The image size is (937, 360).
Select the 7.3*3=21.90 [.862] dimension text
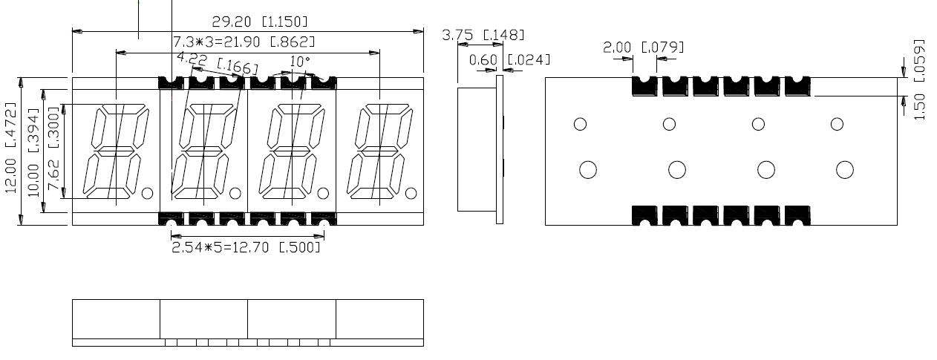[x=244, y=42]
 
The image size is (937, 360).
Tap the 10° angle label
[x=300, y=61]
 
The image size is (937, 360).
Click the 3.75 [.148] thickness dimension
[x=483, y=35]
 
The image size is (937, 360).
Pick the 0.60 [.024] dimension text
[x=509, y=59]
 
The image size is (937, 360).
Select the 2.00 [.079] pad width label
[x=643, y=48]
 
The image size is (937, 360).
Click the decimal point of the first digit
[x=147, y=194]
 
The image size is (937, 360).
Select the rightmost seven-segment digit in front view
[x=380, y=151]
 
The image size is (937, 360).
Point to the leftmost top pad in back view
[x=644, y=85]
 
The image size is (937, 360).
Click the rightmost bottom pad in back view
[x=797, y=215]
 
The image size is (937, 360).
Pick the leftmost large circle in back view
[x=587, y=170]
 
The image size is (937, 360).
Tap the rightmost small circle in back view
[x=837, y=124]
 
